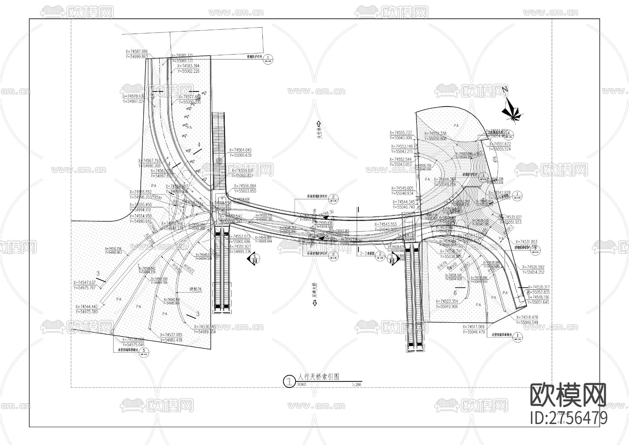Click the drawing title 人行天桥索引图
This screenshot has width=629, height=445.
click(318, 377)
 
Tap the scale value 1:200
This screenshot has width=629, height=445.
click(356, 385)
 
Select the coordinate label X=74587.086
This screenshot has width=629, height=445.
click(136, 52)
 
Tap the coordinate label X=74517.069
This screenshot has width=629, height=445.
click(474, 327)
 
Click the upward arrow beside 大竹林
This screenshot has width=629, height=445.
click(318, 124)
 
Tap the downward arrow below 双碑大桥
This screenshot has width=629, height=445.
click(314, 303)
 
